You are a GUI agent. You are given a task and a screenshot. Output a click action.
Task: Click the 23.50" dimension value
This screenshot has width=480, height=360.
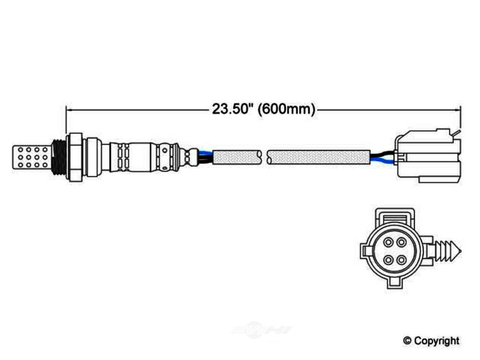(233, 108)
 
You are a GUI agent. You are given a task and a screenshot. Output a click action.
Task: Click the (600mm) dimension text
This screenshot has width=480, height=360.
(287, 109)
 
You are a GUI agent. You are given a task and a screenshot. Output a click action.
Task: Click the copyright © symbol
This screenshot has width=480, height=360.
(407, 341)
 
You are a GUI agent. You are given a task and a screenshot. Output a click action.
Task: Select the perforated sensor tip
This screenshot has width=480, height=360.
(31, 157)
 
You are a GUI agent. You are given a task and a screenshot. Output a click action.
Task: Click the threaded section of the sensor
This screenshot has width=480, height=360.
(58, 157)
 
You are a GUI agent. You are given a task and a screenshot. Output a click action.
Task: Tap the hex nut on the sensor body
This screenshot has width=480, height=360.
(75, 157)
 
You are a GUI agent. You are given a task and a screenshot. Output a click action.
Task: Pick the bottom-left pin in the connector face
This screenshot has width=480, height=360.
(388, 260)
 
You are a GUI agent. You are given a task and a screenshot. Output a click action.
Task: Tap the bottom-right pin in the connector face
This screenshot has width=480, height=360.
(401, 260)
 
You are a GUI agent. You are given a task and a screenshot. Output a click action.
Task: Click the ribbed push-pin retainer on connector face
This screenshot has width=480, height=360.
(447, 252)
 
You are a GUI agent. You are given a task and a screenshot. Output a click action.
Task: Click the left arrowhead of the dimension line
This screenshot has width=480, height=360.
(69, 109)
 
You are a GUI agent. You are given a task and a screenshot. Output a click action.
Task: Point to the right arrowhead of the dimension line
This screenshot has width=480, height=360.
(457, 109)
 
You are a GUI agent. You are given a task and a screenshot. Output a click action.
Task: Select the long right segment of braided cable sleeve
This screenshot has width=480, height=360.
(318, 157)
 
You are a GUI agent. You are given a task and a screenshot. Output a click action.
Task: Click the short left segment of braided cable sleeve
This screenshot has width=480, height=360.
(237, 157)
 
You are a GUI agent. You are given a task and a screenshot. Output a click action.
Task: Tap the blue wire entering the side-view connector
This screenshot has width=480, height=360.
(383, 160)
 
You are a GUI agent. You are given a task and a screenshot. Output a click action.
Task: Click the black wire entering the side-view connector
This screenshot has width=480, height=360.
(383, 154)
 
